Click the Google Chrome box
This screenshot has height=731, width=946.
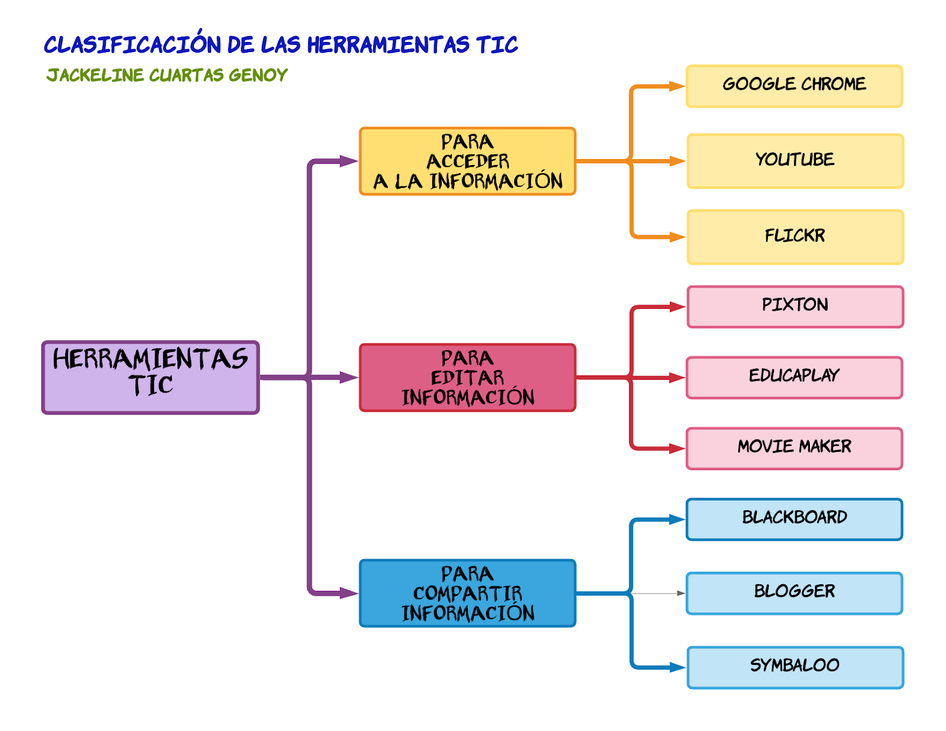(x=794, y=86)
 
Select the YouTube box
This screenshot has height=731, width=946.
(x=795, y=161)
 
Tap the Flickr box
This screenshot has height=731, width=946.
(x=795, y=237)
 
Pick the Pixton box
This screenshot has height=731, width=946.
(x=795, y=306)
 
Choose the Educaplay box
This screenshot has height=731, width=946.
(x=794, y=377)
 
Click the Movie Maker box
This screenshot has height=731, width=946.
(x=794, y=448)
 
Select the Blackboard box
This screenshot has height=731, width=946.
(x=794, y=519)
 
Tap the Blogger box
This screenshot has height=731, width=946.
(x=794, y=593)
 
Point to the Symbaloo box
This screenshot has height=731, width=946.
(x=795, y=667)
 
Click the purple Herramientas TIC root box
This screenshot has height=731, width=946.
(x=151, y=377)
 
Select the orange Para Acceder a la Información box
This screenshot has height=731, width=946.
(x=468, y=161)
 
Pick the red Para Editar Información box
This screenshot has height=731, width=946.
(x=468, y=377)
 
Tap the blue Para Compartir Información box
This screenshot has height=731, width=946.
(x=468, y=593)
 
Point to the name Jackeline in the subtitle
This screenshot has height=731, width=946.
(x=95, y=75)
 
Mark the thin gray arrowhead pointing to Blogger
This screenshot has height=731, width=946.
(x=681, y=593)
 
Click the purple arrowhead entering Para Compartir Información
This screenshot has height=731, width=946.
(x=349, y=593)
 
